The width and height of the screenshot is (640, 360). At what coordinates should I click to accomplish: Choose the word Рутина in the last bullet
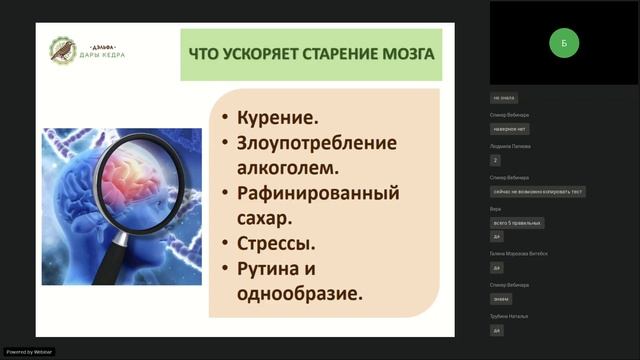pos(270,268)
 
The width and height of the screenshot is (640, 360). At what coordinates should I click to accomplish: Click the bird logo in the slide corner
pos(63,50)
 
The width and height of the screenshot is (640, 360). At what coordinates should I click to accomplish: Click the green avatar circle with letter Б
pos(564,43)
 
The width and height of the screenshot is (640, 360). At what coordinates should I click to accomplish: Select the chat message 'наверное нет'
pos(509,129)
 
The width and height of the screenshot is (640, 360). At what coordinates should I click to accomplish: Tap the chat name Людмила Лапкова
pos(510,146)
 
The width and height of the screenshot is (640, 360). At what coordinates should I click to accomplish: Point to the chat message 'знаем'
pos(500,299)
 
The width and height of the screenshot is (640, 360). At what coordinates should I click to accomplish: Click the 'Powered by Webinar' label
pos(29,352)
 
